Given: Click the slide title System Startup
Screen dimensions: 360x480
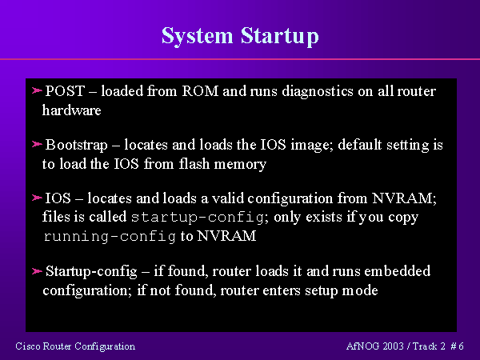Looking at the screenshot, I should point(240,36).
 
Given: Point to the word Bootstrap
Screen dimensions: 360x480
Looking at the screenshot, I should point(74,146).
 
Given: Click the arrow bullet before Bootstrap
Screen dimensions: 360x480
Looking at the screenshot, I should point(36,146).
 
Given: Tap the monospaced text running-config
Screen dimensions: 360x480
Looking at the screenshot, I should point(109,237).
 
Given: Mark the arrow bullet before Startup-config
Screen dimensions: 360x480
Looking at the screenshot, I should point(36,271).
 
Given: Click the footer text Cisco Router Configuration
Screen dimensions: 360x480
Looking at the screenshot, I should point(75,346).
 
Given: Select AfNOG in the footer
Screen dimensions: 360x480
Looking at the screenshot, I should point(361,346).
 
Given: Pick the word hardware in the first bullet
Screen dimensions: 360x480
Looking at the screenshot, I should point(71,110).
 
